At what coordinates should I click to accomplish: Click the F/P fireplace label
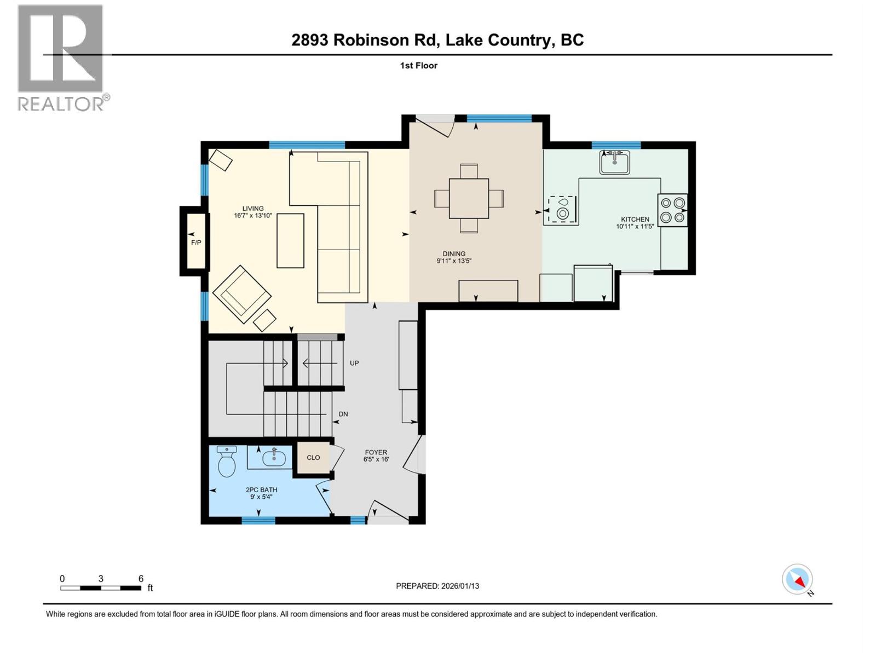pyautogui.click(x=195, y=241)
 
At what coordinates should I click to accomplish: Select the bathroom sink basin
pyautogui.click(x=273, y=457)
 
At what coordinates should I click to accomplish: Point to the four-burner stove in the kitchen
pyautogui.click(x=672, y=210)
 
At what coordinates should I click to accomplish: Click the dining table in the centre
pyautogui.click(x=469, y=198)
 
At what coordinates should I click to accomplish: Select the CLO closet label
pyautogui.click(x=313, y=458)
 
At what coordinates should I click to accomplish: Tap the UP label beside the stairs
pyautogui.click(x=354, y=363)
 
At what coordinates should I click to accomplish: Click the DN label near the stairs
pyautogui.click(x=343, y=414)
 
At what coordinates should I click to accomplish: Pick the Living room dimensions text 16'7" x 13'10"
pyautogui.click(x=253, y=216)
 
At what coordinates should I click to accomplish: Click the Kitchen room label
pyautogui.click(x=635, y=219)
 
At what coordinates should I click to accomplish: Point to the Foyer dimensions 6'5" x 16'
pyautogui.click(x=376, y=459)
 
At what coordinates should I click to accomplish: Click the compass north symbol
pyautogui.click(x=797, y=579)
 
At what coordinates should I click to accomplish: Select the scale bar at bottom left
pyautogui.click(x=101, y=588)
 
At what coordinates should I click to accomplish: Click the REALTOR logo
pyautogui.click(x=61, y=57)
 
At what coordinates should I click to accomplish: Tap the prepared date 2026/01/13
pyautogui.click(x=459, y=586)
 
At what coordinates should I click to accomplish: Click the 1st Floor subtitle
pyautogui.click(x=418, y=66)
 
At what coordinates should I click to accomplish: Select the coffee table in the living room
pyautogui.click(x=290, y=240)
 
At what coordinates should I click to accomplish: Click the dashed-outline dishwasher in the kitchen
pyautogui.click(x=560, y=210)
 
